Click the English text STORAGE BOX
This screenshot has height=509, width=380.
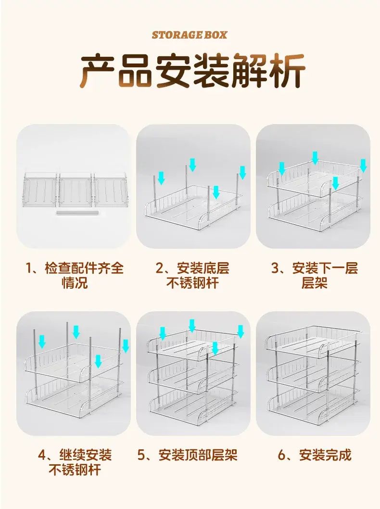pos(190,35)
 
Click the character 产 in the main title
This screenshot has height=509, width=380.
pos(98,71)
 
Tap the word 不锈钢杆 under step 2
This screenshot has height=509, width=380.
pos(193,283)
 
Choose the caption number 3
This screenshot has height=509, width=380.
pos(275,268)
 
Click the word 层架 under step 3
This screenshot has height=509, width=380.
pos(315,283)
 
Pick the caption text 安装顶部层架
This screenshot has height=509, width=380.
pos(198,455)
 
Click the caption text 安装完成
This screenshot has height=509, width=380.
pos(325,455)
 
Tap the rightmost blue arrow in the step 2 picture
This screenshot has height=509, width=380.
pos(242,172)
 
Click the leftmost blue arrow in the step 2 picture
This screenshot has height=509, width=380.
pos(161,178)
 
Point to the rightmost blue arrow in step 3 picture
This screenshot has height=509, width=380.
pos(364,165)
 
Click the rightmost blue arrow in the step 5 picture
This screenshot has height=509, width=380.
pos(241,331)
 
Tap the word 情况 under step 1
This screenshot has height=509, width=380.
pos(75,283)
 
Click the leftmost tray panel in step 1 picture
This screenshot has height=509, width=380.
pos(40,189)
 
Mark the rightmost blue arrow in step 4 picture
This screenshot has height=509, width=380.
pos(126,346)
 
